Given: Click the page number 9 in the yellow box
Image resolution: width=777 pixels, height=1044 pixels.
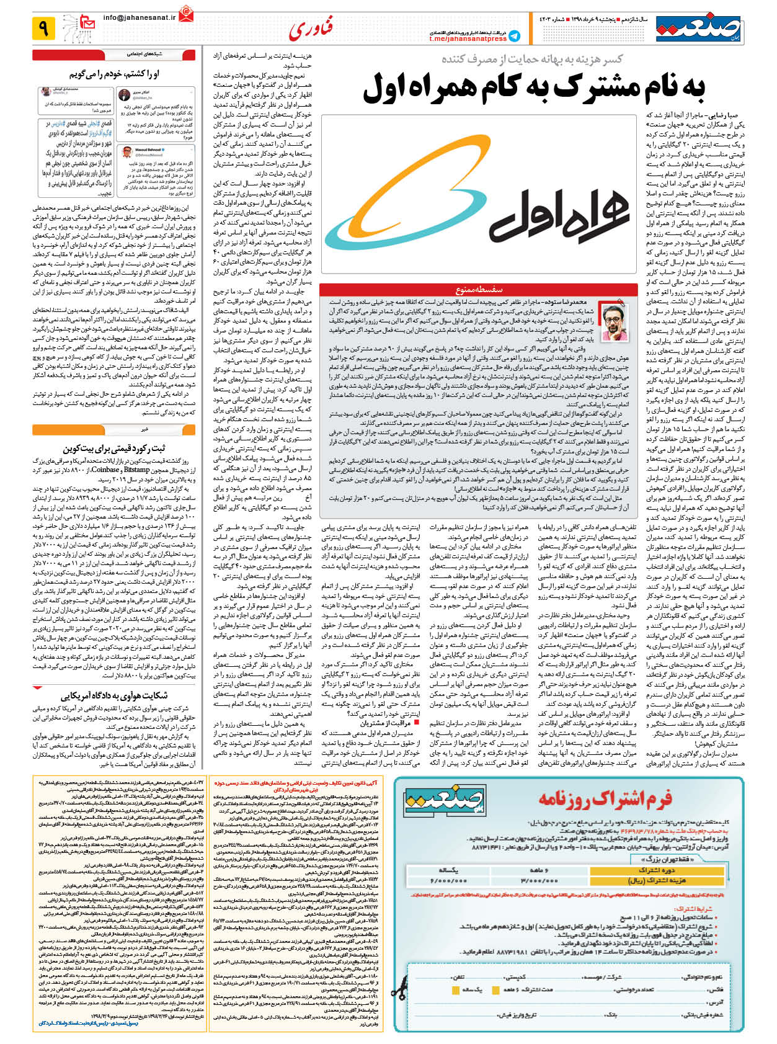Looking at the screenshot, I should point(43,28).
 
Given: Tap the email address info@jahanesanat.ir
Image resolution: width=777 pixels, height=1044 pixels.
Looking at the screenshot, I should point(139,18).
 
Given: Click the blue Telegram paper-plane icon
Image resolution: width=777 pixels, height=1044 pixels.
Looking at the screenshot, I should point(514,35).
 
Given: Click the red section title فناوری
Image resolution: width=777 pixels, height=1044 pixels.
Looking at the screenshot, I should point(311,29).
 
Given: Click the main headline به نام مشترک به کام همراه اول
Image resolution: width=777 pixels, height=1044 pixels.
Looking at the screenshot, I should point(534,87).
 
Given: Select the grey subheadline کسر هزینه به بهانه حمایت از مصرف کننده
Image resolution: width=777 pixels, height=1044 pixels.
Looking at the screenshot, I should point(532,59).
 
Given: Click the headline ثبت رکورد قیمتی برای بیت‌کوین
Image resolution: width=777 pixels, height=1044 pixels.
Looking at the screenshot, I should point(114,448).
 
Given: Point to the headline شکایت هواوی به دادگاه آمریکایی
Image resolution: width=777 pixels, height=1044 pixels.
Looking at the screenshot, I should point(114,696).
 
